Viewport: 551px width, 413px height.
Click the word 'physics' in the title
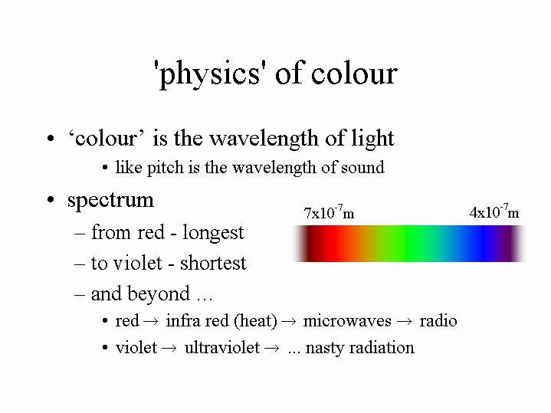coord(209,74)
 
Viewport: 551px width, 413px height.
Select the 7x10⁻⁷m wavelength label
coord(329,212)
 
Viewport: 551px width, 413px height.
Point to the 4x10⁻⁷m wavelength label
coord(494,211)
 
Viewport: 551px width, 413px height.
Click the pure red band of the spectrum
coord(330,244)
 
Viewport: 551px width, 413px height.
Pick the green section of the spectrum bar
coord(404,244)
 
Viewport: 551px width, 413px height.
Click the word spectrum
coord(110,201)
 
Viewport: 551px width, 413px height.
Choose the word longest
coord(213,233)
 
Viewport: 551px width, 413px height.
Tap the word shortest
coord(213,263)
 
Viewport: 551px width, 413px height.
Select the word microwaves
coord(347,321)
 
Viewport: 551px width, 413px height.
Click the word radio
coord(438,320)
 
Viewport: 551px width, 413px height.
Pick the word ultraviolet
coord(222,348)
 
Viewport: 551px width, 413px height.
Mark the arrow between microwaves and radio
coord(404,322)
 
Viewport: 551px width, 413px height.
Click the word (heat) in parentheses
coord(255,321)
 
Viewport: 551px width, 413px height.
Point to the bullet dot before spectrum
coord(51,200)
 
